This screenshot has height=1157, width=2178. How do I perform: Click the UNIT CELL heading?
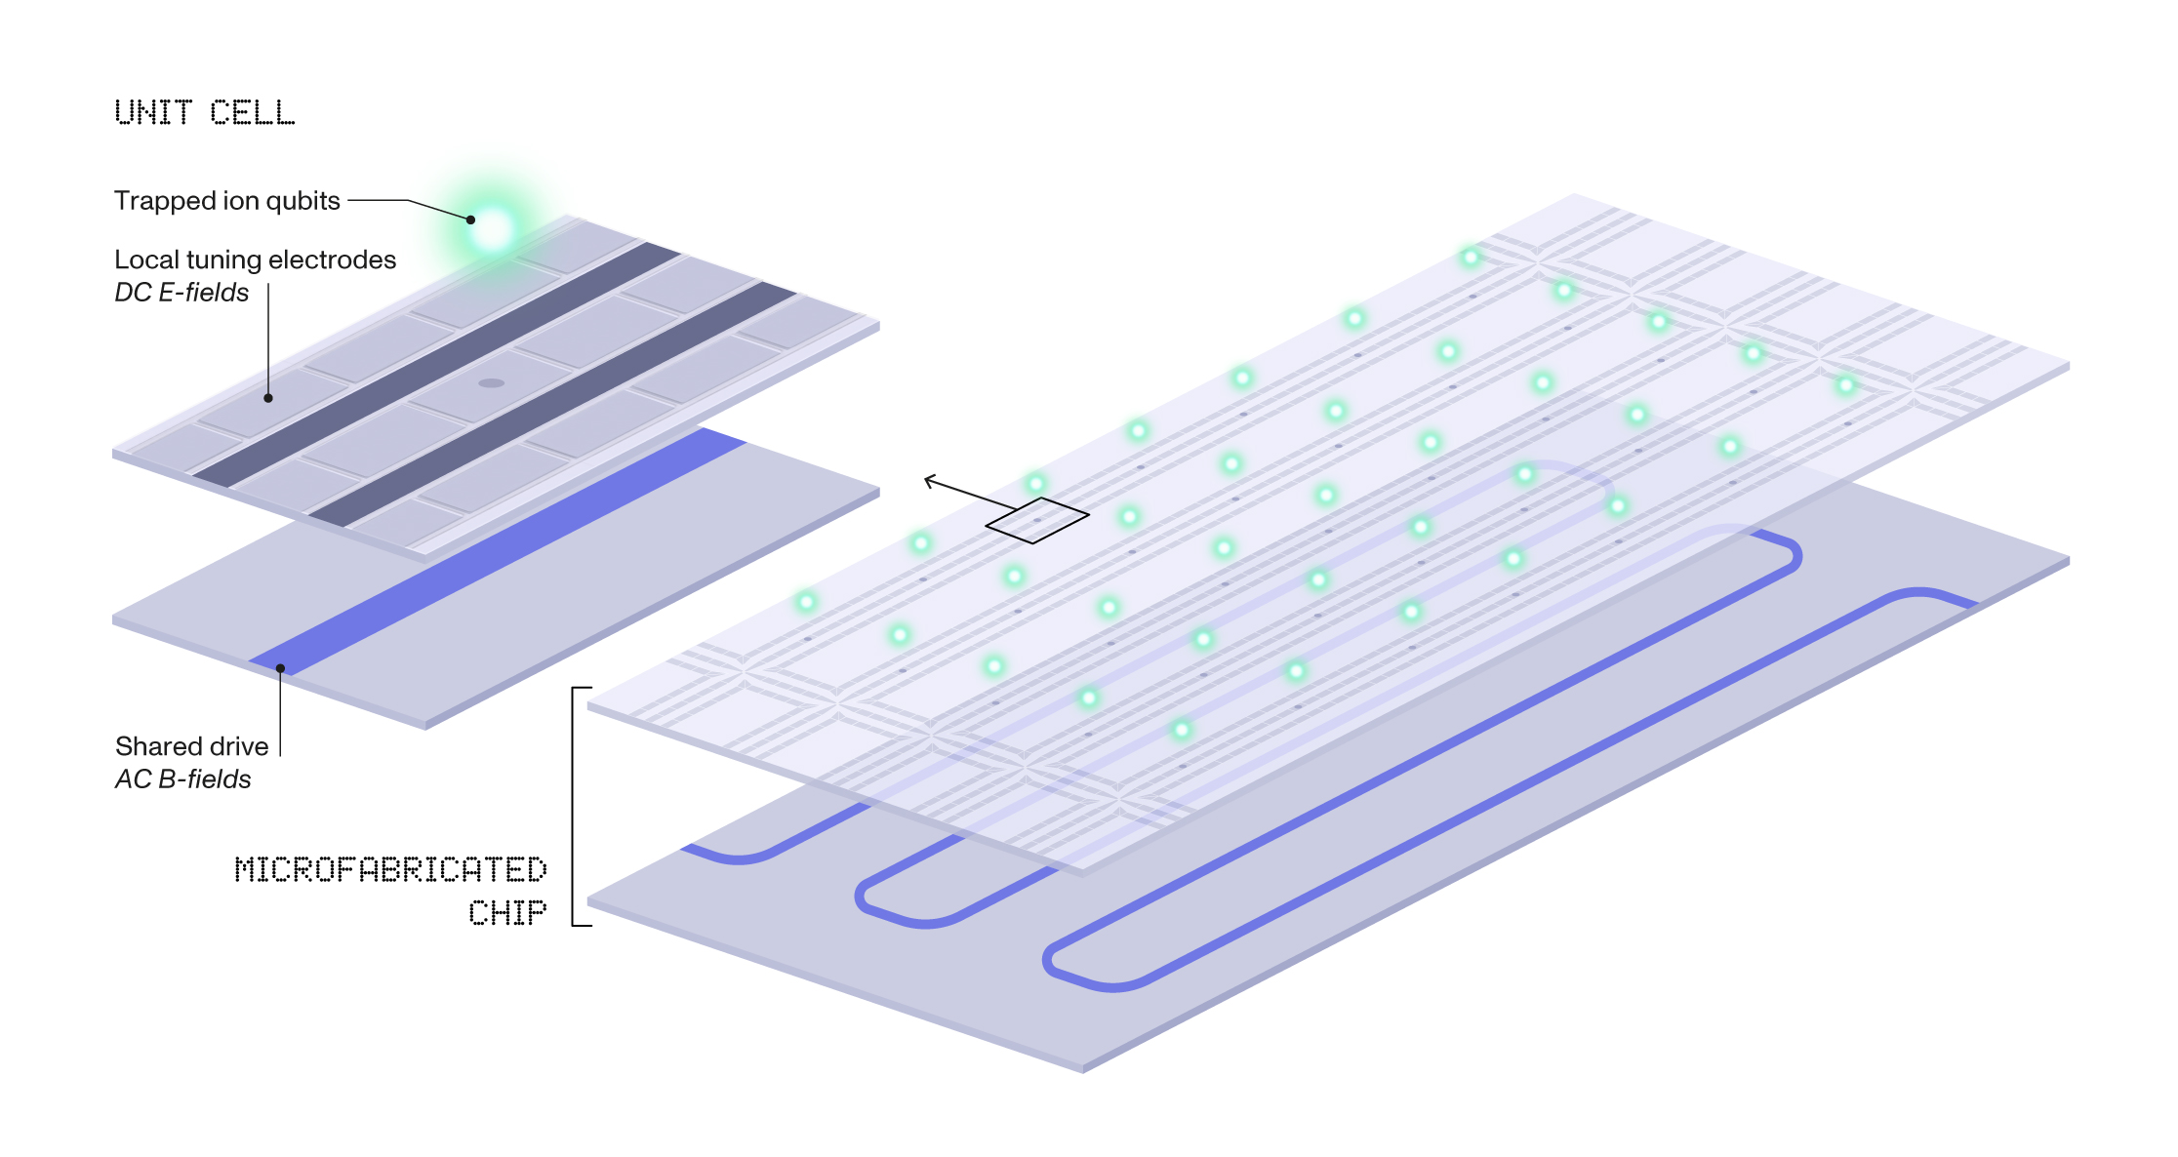tap(204, 112)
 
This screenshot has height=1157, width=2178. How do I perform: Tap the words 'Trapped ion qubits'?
tap(226, 201)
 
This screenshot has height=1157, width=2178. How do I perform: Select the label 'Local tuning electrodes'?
tap(255, 259)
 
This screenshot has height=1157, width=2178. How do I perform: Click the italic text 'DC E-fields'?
tap(181, 293)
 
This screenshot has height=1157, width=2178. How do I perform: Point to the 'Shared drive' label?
tap(191, 746)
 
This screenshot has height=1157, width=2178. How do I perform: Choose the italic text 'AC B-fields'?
tap(182, 779)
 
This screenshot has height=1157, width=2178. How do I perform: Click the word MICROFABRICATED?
tap(390, 869)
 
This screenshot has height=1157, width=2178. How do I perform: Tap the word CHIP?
tap(507, 912)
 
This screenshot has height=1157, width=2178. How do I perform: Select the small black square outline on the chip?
tap(1037, 520)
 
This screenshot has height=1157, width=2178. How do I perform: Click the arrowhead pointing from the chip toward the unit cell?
tap(930, 480)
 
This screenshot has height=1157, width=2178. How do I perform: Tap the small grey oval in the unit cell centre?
tap(491, 383)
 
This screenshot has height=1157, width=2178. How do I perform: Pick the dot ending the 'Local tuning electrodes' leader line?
tap(268, 398)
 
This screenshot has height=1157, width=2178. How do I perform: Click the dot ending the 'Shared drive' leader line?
tap(280, 668)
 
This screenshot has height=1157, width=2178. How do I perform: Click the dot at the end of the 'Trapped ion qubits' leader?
tap(470, 219)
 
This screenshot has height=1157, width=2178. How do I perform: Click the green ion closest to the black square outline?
tap(1035, 483)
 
